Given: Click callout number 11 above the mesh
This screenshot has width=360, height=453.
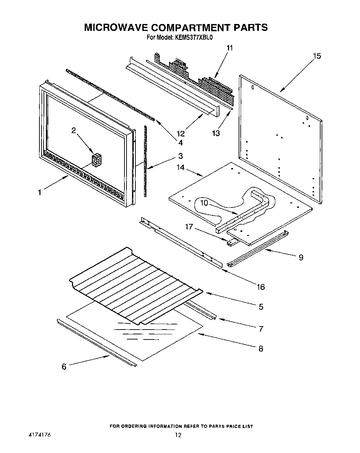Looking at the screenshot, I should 229,48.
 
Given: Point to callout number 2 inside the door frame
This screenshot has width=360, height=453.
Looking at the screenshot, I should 73,130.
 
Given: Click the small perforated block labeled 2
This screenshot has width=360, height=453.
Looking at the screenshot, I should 97,160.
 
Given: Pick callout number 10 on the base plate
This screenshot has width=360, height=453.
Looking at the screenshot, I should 204,203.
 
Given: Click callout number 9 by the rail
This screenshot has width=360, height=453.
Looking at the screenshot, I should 301,257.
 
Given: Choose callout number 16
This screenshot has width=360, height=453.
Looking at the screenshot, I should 261,287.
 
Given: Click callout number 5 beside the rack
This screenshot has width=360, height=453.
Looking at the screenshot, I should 261,307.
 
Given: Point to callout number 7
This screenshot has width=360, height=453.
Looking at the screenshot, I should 261,329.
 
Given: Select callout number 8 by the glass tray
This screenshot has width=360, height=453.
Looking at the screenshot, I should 261,348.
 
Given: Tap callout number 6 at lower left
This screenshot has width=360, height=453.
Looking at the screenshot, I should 64,366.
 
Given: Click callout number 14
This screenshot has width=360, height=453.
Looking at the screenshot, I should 181,167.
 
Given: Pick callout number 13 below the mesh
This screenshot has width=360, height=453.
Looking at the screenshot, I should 216,133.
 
